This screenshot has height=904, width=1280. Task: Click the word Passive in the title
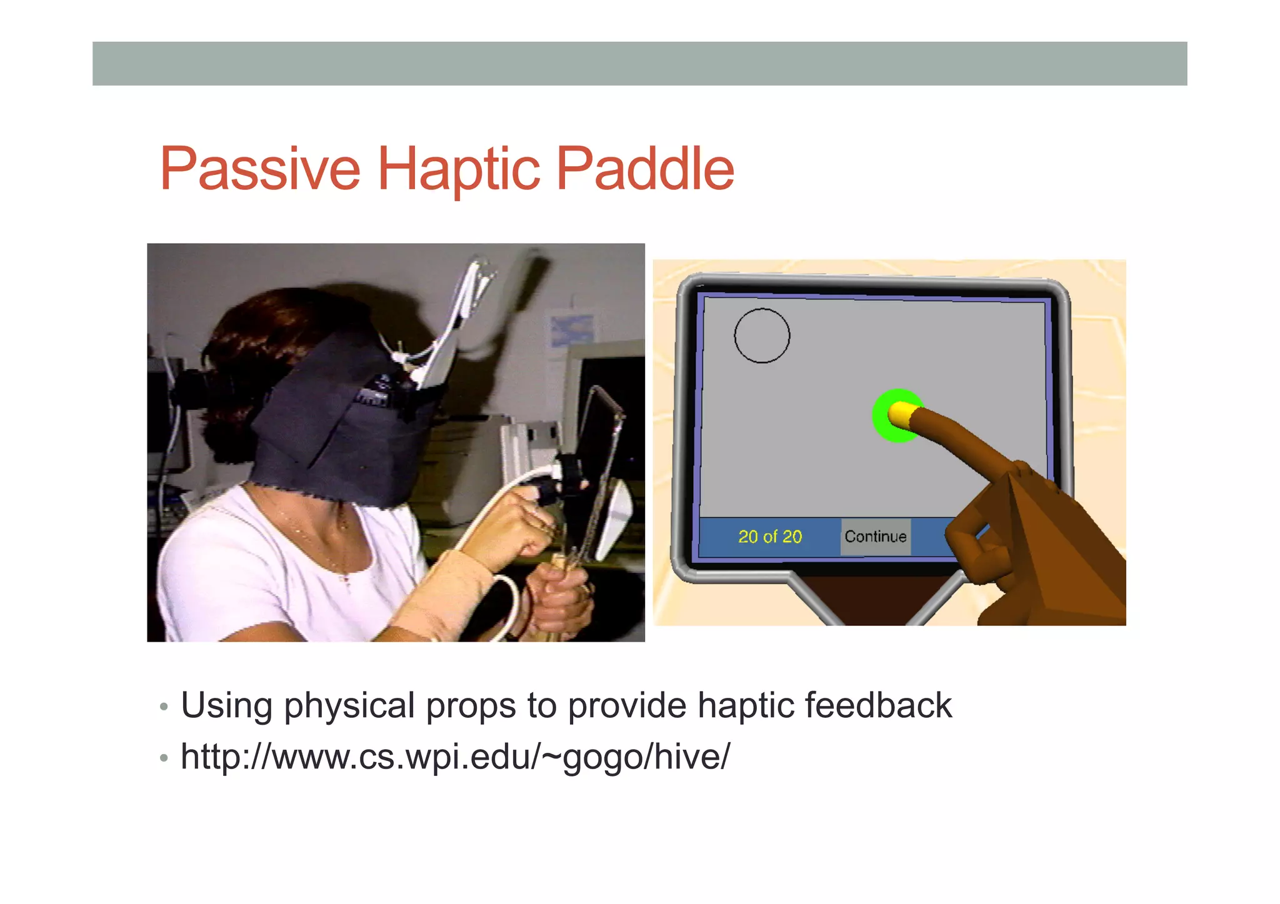pyautogui.click(x=260, y=169)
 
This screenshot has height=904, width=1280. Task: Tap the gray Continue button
pyautogui.click(x=875, y=537)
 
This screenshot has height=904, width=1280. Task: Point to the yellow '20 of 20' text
pyautogui.click(x=769, y=537)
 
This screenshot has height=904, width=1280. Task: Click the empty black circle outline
pyautogui.click(x=761, y=335)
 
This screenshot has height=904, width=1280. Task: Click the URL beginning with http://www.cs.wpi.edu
pyautogui.click(x=454, y=757)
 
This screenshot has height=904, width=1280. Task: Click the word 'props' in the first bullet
pyautogui.click(x=471, y=706)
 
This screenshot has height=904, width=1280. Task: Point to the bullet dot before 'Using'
pyautogui.click(x=164, y=707)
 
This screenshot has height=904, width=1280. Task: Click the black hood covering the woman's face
pyautogui.click(x=337, y=425)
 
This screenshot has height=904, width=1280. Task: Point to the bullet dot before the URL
pyautogui.click(x=164, y=758)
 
